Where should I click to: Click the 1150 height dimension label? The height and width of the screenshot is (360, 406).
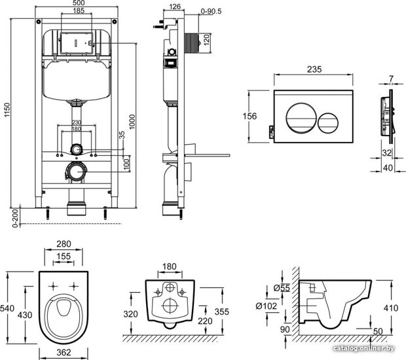tap(7, 110)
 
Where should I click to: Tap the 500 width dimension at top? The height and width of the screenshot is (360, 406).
tap(79, 3)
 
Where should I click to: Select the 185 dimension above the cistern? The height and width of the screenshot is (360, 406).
tap(79, 10)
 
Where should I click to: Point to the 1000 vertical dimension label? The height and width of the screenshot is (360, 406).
tap(132, 122)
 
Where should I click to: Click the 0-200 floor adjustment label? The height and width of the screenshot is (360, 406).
tap(16, 218)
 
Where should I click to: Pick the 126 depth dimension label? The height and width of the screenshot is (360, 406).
tap(175, 7)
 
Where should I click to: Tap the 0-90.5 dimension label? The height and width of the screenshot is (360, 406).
tap(211, 11)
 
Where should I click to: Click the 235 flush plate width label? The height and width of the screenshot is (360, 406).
tap(314, 69)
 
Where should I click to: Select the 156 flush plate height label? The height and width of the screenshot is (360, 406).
tap(249, 116)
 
